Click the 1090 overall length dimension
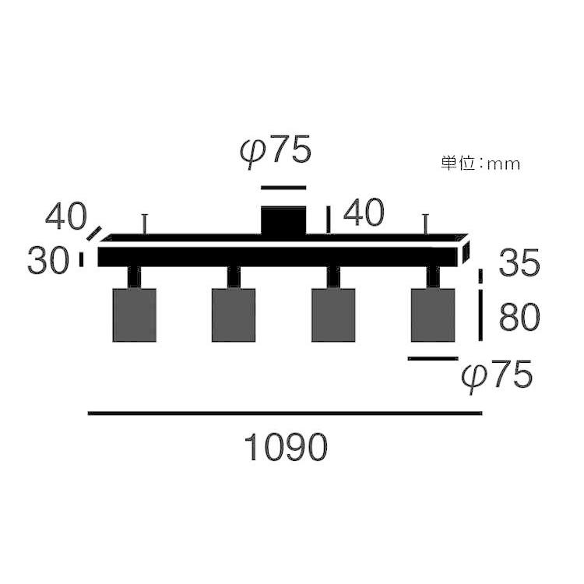(286, 447)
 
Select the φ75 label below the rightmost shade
(497, 375)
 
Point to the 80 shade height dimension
(519, 318)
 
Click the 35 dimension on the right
(519, 262)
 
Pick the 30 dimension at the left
(48, 259)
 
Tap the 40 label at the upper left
(66, 216)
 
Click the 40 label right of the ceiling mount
(364, 212)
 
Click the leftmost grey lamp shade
(135, 315)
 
